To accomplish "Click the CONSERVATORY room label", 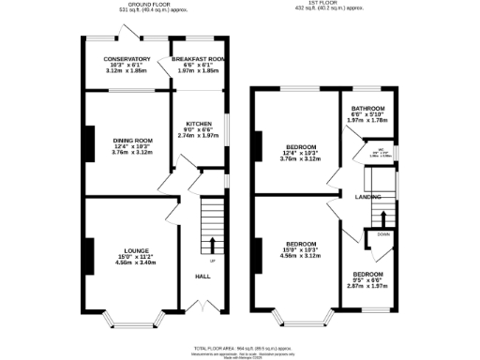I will coord(126,59).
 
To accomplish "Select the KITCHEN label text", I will coord(198,123).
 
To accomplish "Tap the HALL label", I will coord(202,277).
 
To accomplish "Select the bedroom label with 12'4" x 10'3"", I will coord(301,147).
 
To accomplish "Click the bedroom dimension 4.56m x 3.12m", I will coord(301,256).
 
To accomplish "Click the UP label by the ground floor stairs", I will coord(212,260).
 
